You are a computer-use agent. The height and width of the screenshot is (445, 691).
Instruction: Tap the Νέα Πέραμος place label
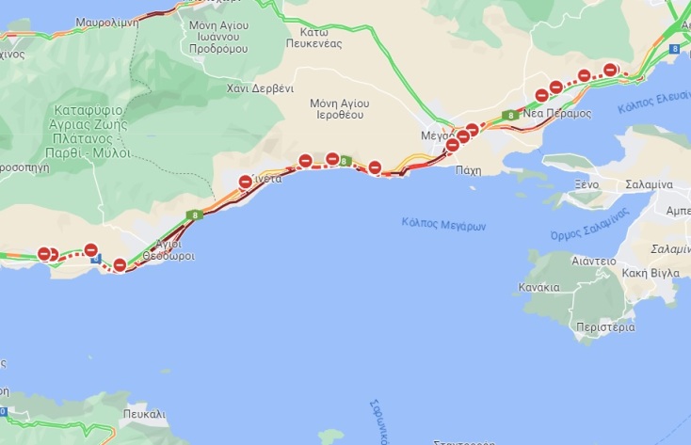[x=556, y=113]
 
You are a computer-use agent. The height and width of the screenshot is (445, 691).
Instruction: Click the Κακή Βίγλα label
[x=651, y=273]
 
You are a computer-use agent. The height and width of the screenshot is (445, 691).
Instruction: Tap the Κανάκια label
[x=538, y=287]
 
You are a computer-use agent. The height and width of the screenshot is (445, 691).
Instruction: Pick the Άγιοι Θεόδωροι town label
[x=169, y=249]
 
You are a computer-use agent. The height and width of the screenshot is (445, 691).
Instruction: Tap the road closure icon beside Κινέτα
[x=246, y=182]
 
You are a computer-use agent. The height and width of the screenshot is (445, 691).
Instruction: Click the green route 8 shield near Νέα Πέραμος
[x=508, y=116]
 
